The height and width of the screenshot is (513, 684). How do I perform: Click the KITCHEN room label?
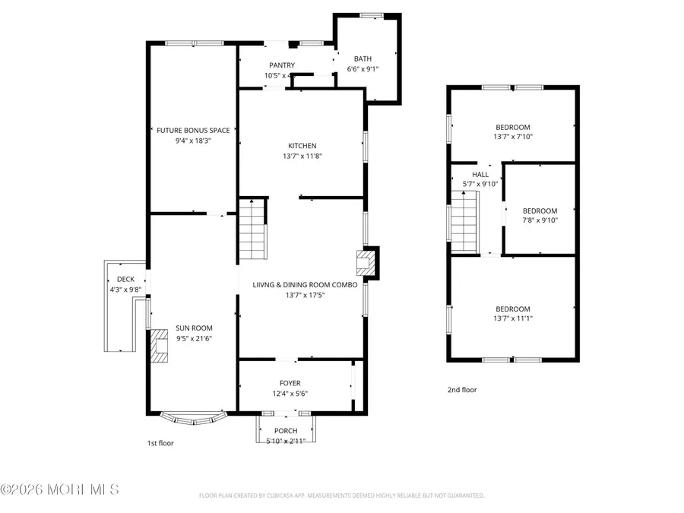(302, 146)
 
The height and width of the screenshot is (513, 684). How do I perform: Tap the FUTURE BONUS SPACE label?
(193, 130)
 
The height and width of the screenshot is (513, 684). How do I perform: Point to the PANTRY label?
(281, 65)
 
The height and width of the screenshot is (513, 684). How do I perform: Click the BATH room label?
(363, 59)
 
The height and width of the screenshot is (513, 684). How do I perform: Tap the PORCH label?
(286, 431)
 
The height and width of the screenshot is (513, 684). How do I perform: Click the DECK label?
(125, 279)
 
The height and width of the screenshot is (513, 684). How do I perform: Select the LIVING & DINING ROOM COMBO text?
(305, 284)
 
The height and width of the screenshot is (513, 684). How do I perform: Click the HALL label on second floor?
(480, 174)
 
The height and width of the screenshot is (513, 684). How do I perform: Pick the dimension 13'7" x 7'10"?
(513, 137)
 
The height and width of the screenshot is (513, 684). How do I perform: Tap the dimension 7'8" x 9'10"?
(540, 220)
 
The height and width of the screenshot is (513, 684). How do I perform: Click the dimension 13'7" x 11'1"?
(513, 318)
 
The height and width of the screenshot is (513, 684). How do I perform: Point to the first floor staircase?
(252, 228)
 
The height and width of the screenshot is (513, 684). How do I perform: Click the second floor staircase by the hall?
(464, 222)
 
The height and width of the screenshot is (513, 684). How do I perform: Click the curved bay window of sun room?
(195, 416)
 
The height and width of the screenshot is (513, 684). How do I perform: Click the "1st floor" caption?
(160, 442)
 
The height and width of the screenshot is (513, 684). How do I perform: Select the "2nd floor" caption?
(461, 390)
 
